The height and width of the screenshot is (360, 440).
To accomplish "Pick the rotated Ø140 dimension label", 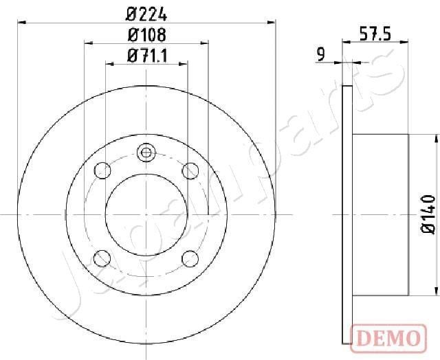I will tap(428, 214).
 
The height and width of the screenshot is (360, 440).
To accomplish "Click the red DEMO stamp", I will tap(386, 337).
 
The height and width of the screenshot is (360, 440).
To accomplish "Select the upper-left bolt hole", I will tap(102, 170).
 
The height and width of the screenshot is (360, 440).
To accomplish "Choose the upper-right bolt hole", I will tap(190, 170).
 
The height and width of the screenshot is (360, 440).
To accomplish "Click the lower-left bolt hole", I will tap(102, 258).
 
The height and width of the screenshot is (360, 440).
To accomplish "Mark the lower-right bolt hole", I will tap(190, 258).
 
